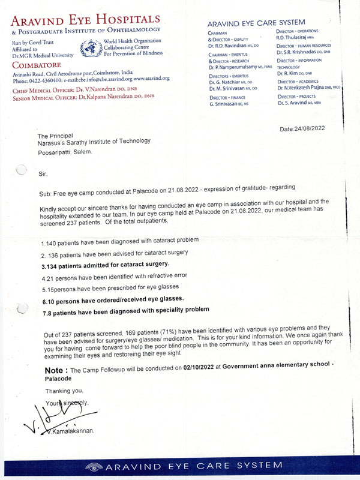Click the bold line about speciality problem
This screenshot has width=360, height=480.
[126, 310]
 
